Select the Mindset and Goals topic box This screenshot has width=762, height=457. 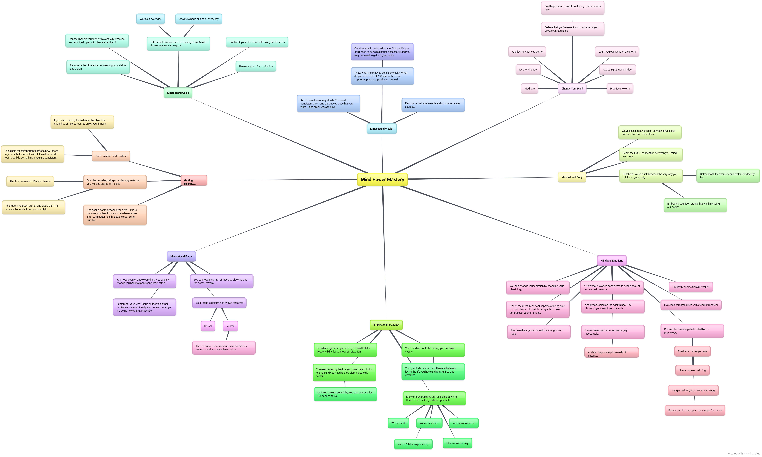pos(178,93)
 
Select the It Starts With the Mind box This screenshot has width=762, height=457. pos(386,325)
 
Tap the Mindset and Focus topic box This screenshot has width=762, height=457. pos(181,256)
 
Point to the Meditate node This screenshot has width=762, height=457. pos(530,89)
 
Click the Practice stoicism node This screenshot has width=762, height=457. pos(620,89)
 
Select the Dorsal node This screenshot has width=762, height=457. pos(208,326)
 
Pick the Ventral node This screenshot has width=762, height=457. pos(230,326)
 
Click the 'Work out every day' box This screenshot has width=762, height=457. pos(151,19)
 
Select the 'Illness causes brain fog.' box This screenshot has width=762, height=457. pos(692,370)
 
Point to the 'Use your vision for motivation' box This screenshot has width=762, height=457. pos(256,66)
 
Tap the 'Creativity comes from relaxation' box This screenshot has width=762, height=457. pos(691,287)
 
